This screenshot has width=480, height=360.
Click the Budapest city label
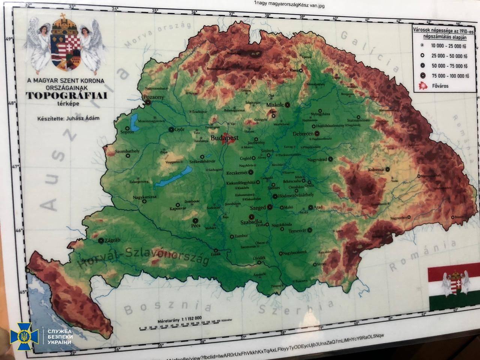[x=225, y=138]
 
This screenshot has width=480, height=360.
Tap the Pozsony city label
[x=153, y=97]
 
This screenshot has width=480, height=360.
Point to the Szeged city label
[x=258, y=207]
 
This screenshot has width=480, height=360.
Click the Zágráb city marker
[x=101, y=241]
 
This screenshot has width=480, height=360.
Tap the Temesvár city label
[x=298, y=231]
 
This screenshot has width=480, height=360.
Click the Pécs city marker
[x=195, y=220]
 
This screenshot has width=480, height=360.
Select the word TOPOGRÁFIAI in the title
[x=66, y=96]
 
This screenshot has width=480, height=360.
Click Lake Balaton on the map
[x=172, y=178]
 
